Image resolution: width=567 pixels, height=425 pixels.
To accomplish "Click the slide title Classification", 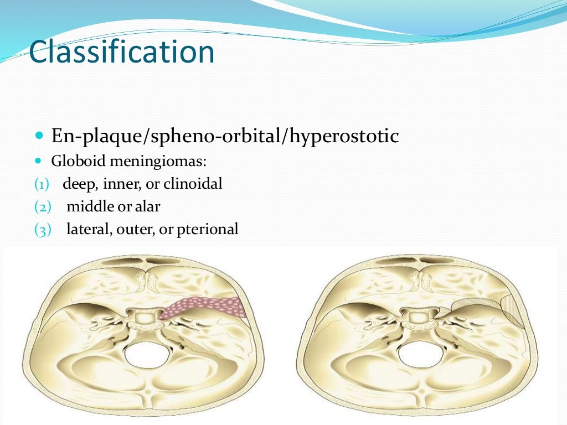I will point(121,53).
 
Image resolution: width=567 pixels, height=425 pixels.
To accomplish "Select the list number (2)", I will point(42,207).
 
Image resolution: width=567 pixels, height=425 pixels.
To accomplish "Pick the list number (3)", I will point(42,229).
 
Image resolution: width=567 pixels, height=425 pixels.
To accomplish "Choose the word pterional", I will point(208,229).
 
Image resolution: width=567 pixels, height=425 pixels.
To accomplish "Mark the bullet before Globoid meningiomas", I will point(38,162).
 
